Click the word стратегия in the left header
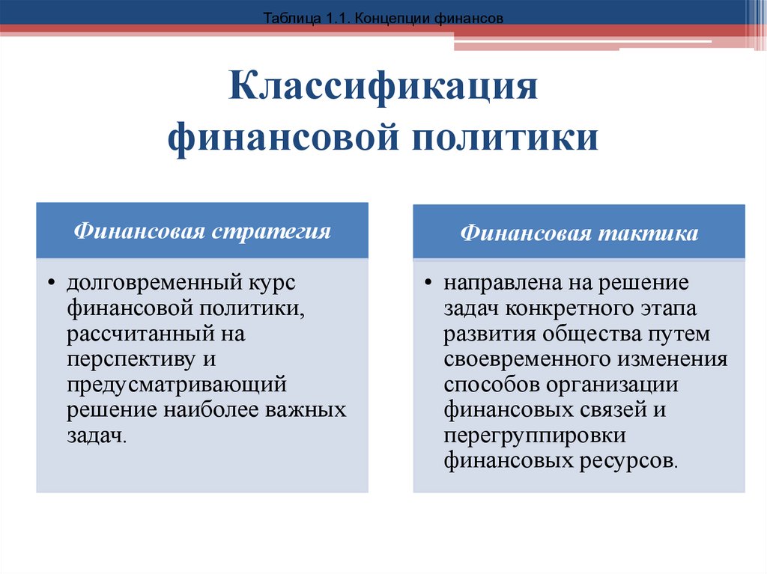(x=271, y=231)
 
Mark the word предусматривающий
(x=177, y=385)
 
